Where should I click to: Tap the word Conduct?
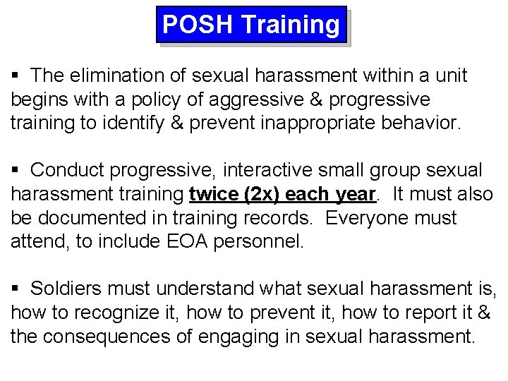click(x=68, y=170)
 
